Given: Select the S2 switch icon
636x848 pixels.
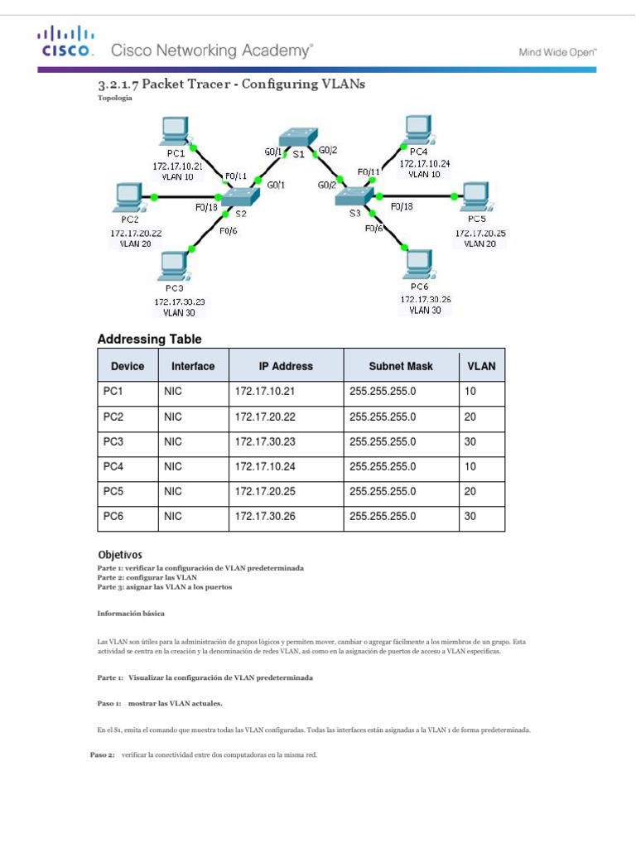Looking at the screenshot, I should [x=239, y=196].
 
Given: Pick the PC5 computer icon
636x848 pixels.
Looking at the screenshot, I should [x=475, y=196].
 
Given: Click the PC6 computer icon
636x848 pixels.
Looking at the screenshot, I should [x=417, y=263].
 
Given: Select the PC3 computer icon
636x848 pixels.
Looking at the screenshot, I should [x=174, y=266].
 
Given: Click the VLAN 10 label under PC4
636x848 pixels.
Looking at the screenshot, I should [x=424, y=175].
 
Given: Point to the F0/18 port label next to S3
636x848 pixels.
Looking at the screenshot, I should [x=401, y=205].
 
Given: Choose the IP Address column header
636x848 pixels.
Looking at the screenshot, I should [x=286, y=366].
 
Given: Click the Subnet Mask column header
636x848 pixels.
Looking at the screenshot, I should [x=400, y=366].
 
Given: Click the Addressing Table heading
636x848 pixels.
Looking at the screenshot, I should [x=149, y=339].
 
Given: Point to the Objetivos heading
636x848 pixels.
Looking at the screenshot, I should [x=120, y=554].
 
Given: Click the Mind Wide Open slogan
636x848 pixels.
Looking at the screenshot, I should [x=557, y=51].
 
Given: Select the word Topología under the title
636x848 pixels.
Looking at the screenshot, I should [x=114, y=99].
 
